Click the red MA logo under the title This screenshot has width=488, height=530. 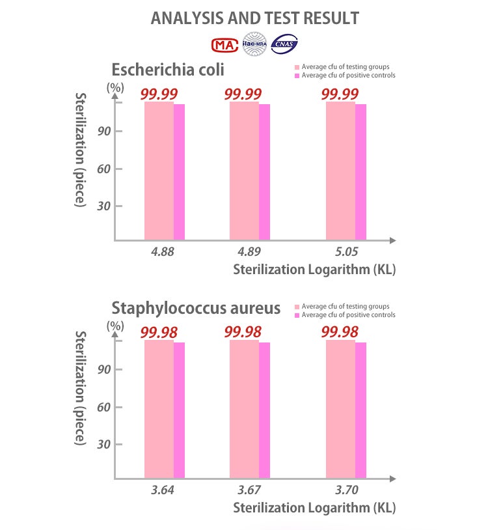click(x=224, y=44)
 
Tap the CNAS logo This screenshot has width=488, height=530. click(x=284, y=44)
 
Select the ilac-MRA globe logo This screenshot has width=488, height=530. click(x=254, y=43)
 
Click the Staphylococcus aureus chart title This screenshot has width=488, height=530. click(x=196, y=307)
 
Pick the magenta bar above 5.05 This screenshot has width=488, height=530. click(x=360, y=172)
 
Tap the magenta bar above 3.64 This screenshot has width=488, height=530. click(x=179, y=410)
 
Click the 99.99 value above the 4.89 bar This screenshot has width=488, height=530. click(x=243, y=94)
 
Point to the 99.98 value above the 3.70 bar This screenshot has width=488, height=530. click(x=340, y=332)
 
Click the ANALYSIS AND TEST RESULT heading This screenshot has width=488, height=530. click(x=254, y=18)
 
